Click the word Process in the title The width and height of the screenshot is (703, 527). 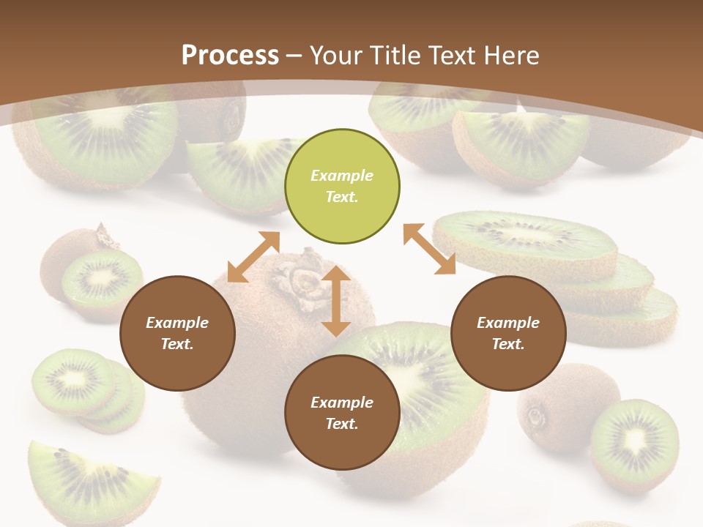coord(230,56)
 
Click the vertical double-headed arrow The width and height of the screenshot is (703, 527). coord(336,301)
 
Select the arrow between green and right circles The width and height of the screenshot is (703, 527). coord(429,250)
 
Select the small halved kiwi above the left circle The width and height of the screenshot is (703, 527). coord(102,278)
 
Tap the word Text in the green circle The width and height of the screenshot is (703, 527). coord(341,197)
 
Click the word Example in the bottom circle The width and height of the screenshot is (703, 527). coord(342,403)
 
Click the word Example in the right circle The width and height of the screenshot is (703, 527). coord(508,323)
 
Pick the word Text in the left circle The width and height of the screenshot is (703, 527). coord(177,344)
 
